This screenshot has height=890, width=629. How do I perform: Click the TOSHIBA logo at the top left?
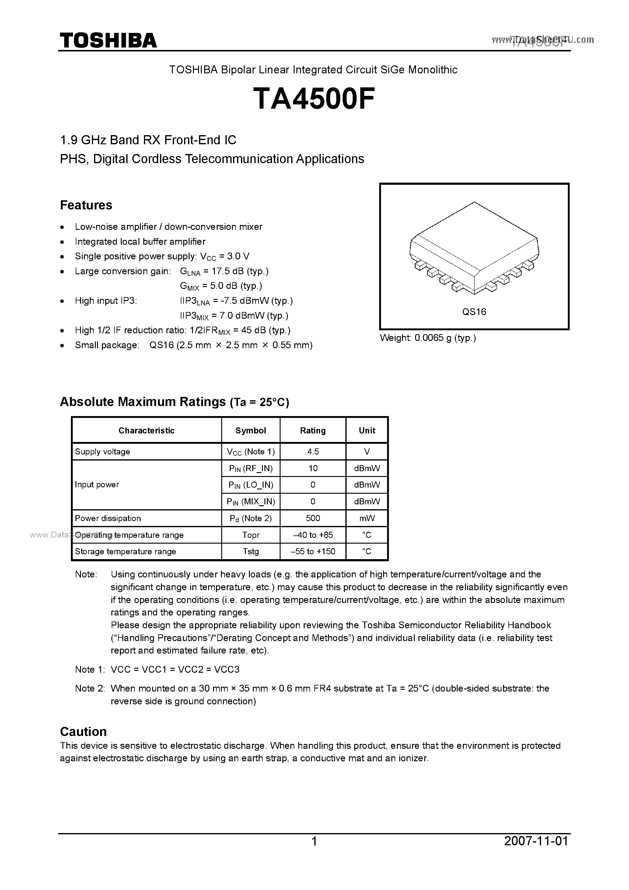(x=108, y=40)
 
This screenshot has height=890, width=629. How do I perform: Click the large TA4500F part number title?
(x=314, y=99)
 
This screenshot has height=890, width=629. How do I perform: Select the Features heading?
(x=86, y=205)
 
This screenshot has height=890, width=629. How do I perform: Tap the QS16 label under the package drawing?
(x=474, y=312)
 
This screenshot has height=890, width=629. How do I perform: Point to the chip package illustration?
(x=474, y=248)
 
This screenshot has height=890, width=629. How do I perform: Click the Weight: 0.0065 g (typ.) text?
(x=428, y=338)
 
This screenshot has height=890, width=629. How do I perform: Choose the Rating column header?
(x=313, y=430)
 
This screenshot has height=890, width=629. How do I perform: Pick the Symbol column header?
(x=251, y=430)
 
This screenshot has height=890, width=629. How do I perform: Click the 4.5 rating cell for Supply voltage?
(x=313, y=452)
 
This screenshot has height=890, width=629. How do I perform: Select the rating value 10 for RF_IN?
(x=313, y=468)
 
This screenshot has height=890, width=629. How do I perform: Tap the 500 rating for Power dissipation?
(x=313, y=518)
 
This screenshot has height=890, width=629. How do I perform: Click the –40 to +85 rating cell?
(x=313, y=535)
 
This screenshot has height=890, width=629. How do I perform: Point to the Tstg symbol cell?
(x=251, y=552)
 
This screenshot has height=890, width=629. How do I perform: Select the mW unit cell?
(x=367, y=518)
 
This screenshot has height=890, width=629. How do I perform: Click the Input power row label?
(x=97, y=485)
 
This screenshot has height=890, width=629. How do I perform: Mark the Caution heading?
(x=83, y=731)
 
